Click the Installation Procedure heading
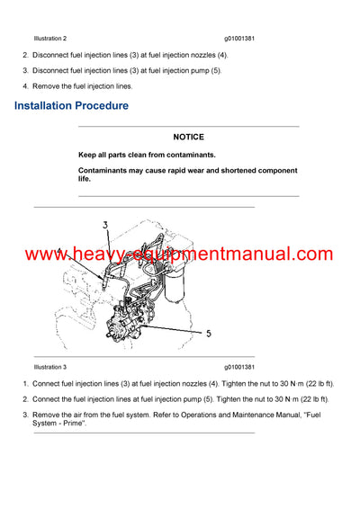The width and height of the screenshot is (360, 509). pyautogui.click(x=71, y=106)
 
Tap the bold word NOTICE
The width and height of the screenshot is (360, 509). pyautogui.click(x=188, y=138)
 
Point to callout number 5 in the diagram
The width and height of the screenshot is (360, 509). pyautogui.click(x=208, y=333)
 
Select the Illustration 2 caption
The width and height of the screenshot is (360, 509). pyautogui.click(x=50, y=40)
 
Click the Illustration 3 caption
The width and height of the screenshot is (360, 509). pyautogui.click(x=50, y=367)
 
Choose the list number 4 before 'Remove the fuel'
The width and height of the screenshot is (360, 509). pyautogui.click(x=25, y=86)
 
